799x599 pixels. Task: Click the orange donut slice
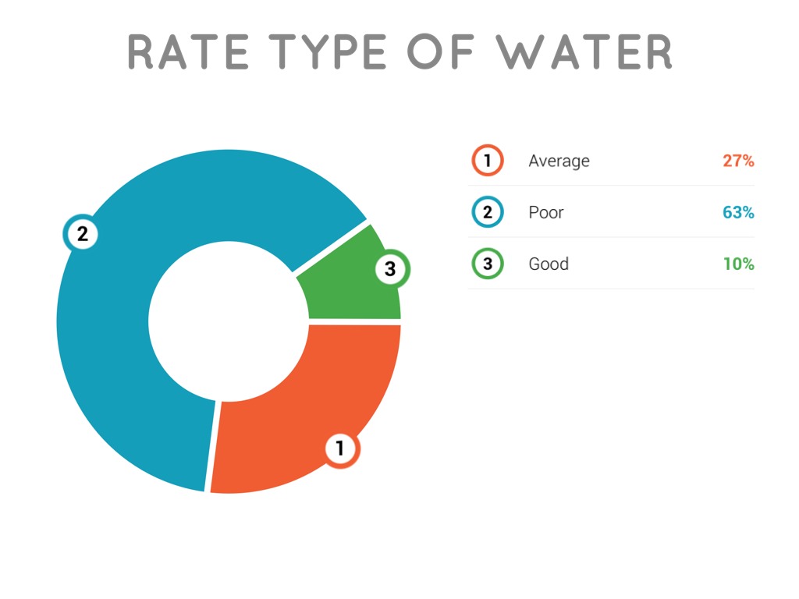coord(312,406)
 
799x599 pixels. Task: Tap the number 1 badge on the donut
coord(340,448)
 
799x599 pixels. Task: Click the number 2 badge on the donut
coord(82,232)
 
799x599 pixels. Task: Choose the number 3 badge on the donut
coord(390,270)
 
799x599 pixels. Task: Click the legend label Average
coord(559,161)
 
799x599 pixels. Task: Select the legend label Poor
coord(545,212)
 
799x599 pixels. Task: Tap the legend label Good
coord(549,264)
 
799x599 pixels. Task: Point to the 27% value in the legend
coord(738,161)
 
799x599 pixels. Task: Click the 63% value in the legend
coord(738,212)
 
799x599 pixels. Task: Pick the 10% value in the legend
coord(738,264)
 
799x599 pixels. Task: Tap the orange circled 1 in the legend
coord(488,161)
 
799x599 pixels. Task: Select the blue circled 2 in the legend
coord(488,212)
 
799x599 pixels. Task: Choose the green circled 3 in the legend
coord(488,264)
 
